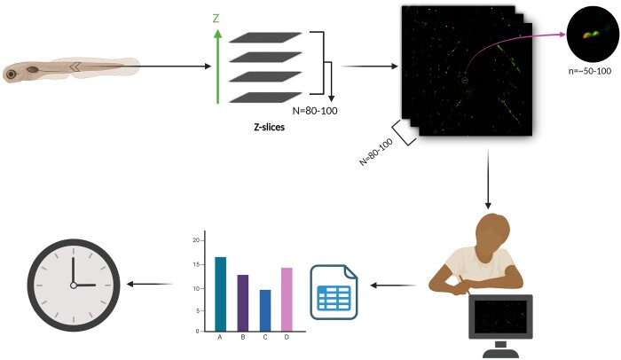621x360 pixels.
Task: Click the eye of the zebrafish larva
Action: (12, 74)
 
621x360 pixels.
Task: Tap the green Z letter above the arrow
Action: (216, 19)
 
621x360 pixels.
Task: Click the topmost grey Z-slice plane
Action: (265, 37)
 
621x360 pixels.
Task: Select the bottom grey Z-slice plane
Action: (265, 97)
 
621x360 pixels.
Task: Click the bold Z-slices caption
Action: (269, 127)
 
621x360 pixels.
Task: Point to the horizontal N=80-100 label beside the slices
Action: (315, 111)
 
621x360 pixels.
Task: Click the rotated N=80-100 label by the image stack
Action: (376, 152)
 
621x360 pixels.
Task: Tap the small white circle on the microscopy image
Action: (465, 81)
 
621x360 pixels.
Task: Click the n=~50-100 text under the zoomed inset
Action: (590, 71)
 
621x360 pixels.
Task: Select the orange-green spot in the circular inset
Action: (590, 35)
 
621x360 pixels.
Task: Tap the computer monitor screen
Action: (500, 317)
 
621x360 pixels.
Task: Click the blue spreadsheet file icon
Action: (334, 293)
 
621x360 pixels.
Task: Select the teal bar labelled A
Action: (221, 293)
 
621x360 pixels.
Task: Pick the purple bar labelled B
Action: (243, 303)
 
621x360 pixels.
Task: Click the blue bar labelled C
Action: (265, 310)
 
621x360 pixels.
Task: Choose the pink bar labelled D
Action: (287, 300)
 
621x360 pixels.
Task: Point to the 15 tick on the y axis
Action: (196, 264)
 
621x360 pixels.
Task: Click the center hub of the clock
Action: (74, 286)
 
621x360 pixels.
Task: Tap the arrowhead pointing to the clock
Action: (130, 284)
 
